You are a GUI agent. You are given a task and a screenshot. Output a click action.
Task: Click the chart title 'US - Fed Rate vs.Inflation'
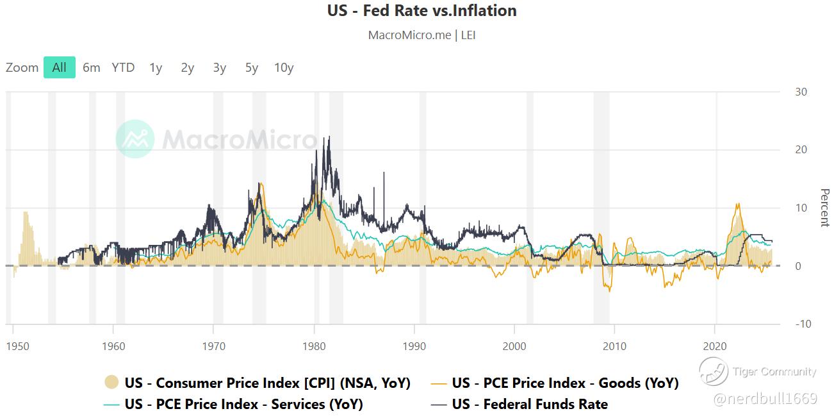[421, 11]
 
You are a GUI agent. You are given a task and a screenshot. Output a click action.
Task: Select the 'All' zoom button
[60, 67]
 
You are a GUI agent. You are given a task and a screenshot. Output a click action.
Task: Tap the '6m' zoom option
[92, 67]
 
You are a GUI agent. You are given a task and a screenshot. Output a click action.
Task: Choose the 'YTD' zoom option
[123, 67]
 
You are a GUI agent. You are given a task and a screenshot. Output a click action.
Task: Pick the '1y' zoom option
[156, 67]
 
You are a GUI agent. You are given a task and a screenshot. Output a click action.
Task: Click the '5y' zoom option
[252, 67]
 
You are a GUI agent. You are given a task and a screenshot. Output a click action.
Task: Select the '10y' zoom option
[284, 67]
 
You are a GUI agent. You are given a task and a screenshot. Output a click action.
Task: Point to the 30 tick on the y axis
[801, 92]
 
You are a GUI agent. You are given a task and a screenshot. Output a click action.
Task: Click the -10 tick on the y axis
[803, 324]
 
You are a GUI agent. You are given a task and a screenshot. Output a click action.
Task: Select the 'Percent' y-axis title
[824, 208]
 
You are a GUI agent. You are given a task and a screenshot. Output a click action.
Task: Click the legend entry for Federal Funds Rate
[529, 404]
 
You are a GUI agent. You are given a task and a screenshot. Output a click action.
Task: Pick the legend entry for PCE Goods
[564, 383]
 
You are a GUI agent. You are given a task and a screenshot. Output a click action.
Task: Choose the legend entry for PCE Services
[243, 404]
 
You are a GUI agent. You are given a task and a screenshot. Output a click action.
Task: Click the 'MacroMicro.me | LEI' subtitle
[421, 35]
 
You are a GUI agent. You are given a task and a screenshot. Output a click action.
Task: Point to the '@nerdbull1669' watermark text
[765, 399]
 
